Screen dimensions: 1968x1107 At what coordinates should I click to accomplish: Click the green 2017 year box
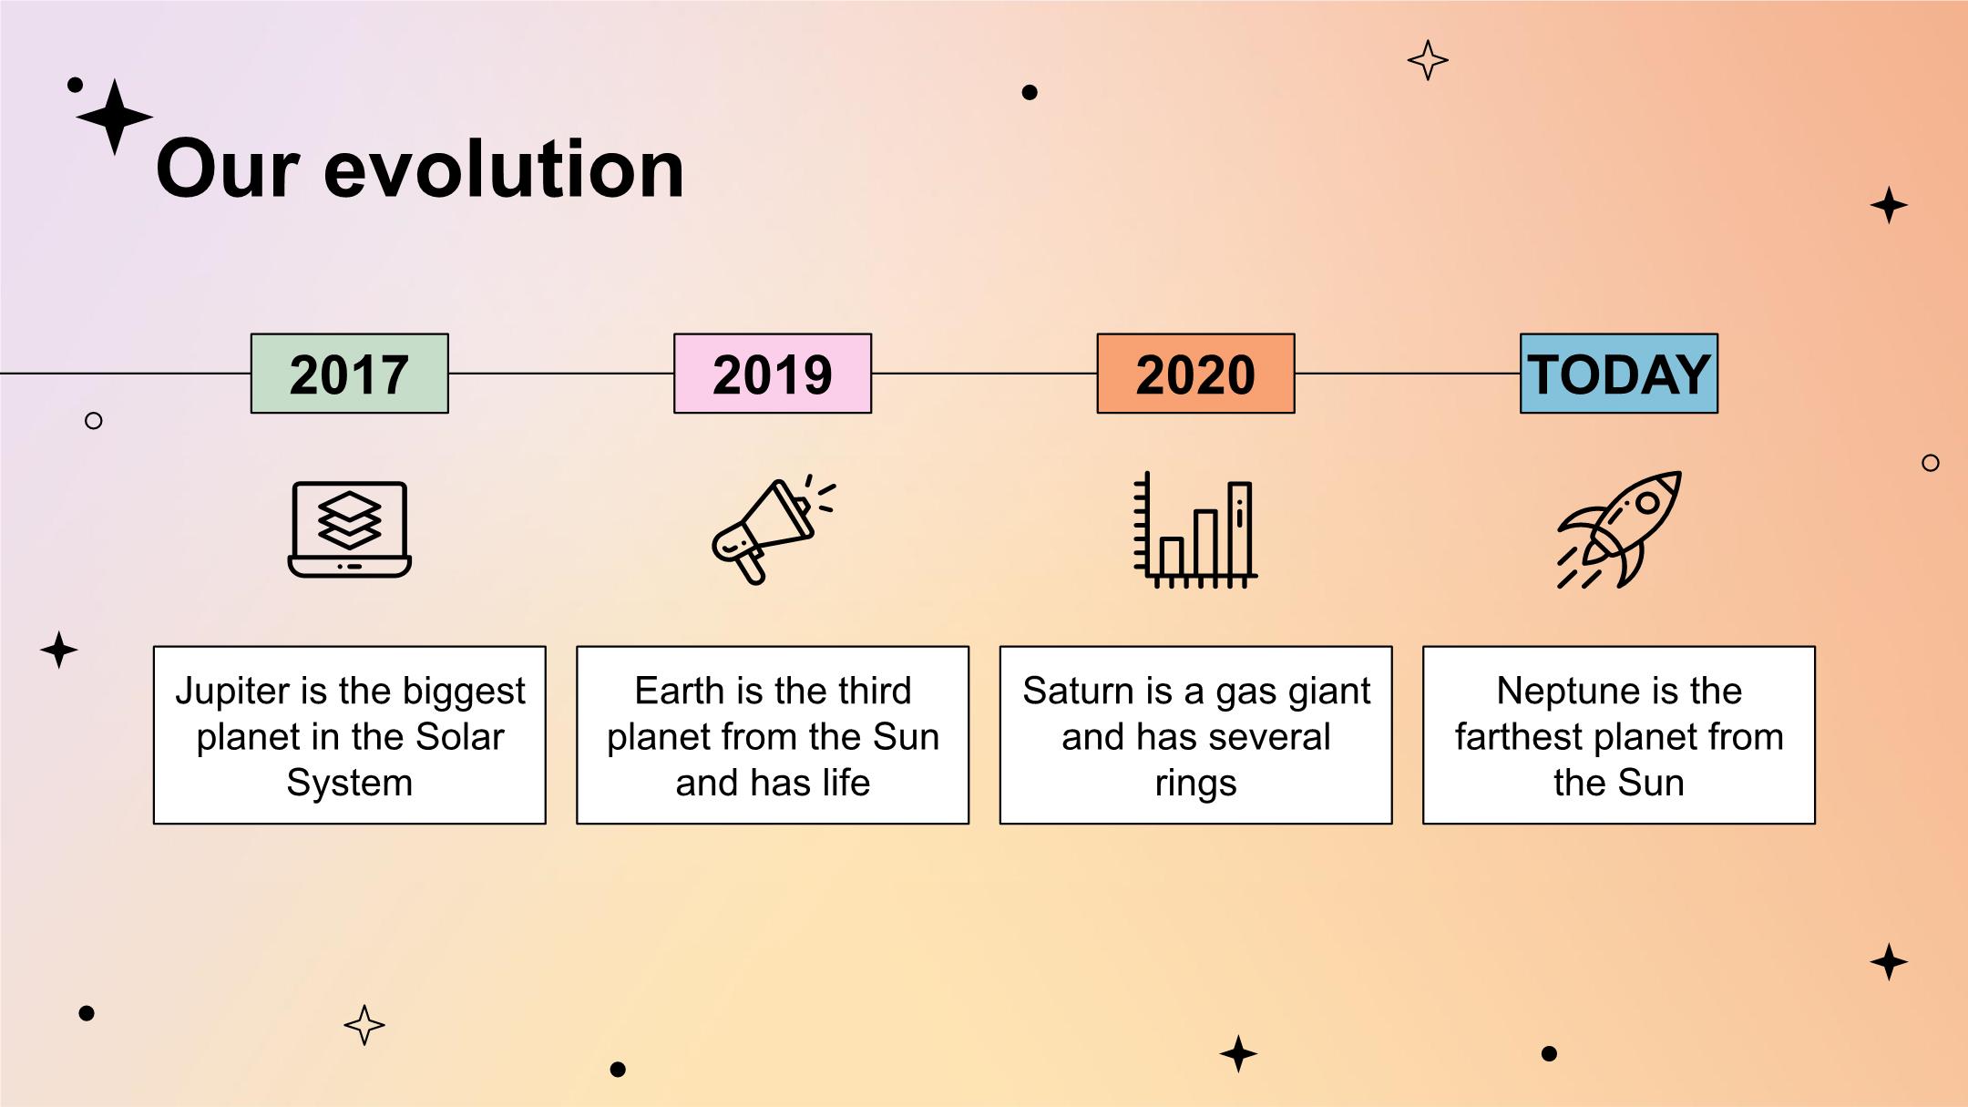click(350, 374)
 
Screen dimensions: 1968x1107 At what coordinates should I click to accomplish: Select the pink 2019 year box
click(773, 374)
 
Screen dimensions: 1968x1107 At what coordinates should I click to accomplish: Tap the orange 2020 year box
click(1195, 374)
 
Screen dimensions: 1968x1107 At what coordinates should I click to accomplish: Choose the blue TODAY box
click(1619, 374)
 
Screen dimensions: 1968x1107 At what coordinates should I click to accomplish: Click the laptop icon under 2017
click(350, 529)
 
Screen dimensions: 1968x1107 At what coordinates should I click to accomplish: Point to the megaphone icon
click(773, 529)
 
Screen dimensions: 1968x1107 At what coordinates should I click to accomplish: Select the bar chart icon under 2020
click(1195, 529)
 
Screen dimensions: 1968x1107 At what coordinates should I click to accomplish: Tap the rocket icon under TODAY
click(1619, 529)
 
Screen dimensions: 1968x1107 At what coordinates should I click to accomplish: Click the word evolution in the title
click(503, 169)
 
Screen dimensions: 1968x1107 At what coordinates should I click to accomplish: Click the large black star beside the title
click(115, 117)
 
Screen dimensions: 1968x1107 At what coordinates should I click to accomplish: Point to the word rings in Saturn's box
click(1195, 784)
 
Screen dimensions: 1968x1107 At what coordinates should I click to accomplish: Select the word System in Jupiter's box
click(350, 784)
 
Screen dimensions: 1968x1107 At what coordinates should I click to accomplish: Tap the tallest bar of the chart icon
click(1239, 529)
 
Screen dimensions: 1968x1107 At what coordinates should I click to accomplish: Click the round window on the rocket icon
click(1647, 503)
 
